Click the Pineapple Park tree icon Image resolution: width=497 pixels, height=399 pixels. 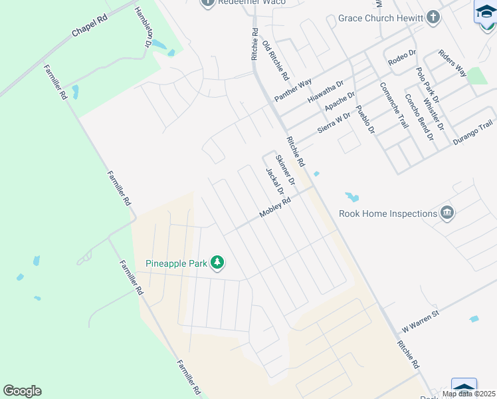coord(217,263)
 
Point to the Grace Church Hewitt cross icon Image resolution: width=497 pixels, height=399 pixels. coord(433,18)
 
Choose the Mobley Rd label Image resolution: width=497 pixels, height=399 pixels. coord(275,208)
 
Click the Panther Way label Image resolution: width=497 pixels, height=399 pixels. coord(293,90)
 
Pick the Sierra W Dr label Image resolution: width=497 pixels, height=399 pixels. coord(334,123)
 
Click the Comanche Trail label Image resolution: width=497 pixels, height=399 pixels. coord(393,104)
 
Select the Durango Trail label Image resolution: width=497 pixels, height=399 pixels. coord(472,134)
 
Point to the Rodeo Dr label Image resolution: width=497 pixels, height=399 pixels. coord(401,58)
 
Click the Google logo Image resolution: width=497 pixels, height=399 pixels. coord(23,391)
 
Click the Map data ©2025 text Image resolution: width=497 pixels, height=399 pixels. coord(468,394)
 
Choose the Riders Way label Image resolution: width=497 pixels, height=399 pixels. coord(452,63)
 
